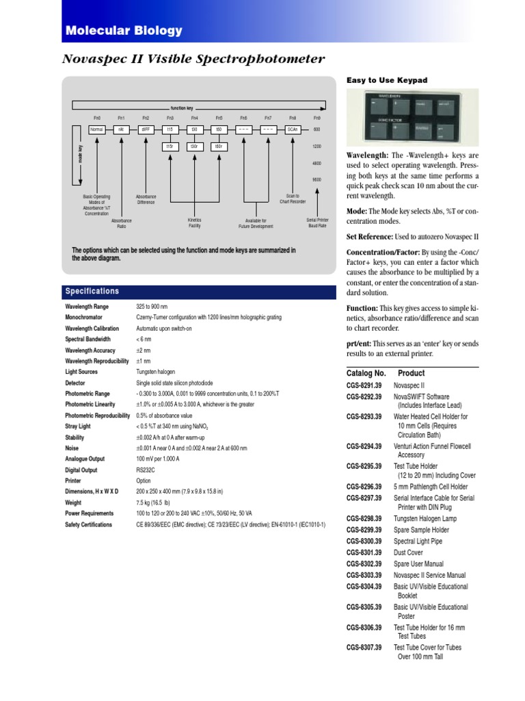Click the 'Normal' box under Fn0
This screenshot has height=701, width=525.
point(96,129)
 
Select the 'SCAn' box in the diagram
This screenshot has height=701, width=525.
point(293,129)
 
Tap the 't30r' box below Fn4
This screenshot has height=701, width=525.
point(194,146)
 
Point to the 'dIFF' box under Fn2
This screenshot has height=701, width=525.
point(146,129)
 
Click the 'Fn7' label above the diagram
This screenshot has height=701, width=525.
point(268,118)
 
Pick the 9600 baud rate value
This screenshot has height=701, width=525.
point(317,179)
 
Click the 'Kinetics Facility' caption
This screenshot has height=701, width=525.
point(195,222)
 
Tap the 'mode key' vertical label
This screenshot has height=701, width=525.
point(80,154)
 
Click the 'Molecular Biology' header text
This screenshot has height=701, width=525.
point(124,30)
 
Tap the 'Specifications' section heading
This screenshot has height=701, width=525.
point(92,292)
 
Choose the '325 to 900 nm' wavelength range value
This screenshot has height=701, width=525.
point(152,307)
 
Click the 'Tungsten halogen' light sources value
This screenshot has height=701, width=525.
point(157,372)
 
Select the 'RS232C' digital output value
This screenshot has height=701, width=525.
point(147,470)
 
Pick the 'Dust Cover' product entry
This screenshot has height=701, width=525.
point(408,552)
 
